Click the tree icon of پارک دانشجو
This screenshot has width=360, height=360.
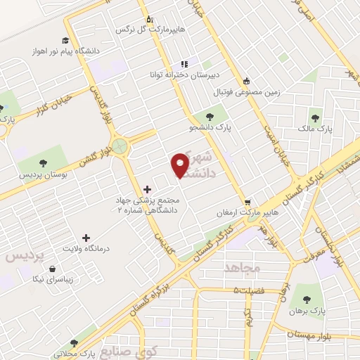pyautogui.click(x=209, y=116)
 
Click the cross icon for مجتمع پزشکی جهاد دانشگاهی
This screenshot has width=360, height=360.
pyautogui.click(x=146, y=188)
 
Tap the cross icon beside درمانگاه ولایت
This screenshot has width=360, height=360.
pyautogui.click(x=86, y=238)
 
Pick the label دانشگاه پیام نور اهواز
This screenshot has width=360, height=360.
pyautogui.click(x=58, y=52)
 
